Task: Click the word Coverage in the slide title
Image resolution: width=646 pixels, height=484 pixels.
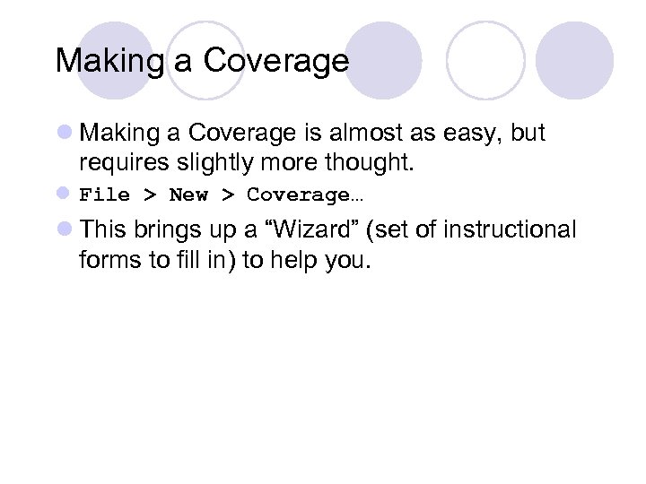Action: [275, 61]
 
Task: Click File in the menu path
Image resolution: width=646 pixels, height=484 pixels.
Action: [104, 194]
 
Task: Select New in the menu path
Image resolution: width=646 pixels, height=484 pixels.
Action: [188, 194]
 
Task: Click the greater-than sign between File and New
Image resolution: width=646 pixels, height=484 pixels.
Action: [149, 194]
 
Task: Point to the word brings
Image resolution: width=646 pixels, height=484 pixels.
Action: [168, 229]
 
